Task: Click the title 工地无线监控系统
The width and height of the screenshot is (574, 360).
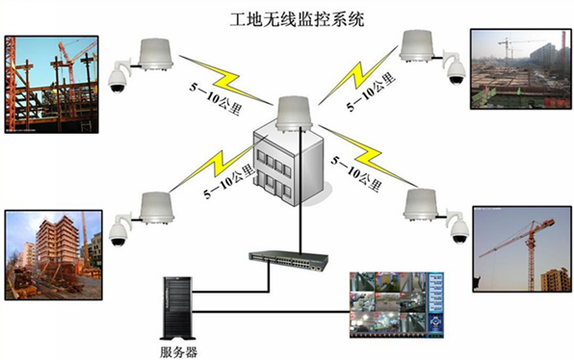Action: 286,18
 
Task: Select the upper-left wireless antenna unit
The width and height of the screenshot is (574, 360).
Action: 154,54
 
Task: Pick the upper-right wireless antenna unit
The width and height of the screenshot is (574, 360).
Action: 419,46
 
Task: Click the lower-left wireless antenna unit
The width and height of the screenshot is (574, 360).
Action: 154,207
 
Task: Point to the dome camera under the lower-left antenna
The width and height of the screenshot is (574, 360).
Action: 117,231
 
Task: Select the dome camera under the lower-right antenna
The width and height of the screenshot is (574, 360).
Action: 458,228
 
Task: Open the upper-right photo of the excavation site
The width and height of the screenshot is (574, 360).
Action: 519,69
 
